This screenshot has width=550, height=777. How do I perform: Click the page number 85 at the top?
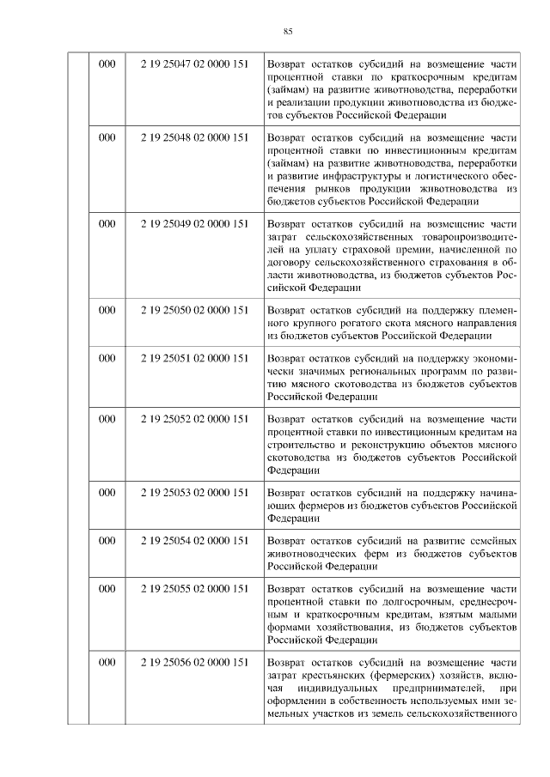(288, 32)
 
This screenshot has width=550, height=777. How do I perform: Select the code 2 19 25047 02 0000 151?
(195, 64)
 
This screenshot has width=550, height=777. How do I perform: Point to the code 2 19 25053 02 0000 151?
(195, 493)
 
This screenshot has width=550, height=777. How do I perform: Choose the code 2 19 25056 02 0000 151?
(195, 663)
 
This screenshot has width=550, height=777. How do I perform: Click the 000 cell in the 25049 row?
(107, 223)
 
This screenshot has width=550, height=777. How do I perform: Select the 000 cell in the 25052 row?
(107, 419)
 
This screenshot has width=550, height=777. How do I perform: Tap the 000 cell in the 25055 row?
(107, 589)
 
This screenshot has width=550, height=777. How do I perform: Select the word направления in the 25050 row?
(486, 322)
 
